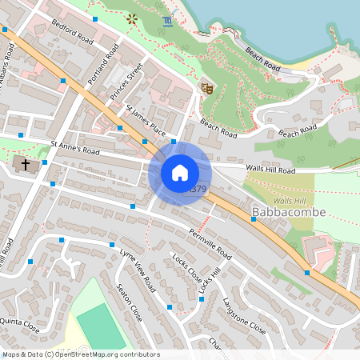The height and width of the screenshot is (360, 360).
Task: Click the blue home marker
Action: (x=180, y=173)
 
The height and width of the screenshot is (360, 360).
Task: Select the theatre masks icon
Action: (x=206, y=89)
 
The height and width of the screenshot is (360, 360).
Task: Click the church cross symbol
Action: (x=26, y=165)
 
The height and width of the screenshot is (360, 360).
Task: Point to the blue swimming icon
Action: (x=166, y=21)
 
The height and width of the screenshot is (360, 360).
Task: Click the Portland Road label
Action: (x=103, y=64)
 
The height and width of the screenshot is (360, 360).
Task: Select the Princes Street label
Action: (x=127, y=80)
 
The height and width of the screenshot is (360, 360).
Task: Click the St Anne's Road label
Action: (x=75, y=149)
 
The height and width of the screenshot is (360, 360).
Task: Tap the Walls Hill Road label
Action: (x=271, y=170)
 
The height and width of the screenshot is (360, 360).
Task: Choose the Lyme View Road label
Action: (x=137, y=268)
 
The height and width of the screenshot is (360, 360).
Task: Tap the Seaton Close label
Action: (x=129, y=302)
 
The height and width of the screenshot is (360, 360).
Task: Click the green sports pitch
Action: (x=101, y=325)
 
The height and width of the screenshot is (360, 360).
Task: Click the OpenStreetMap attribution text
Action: (x=81, y=354)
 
